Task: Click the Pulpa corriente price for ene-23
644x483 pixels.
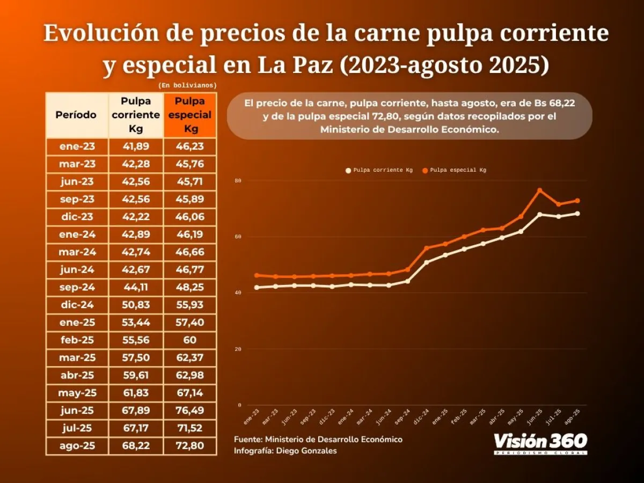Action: (x=135, y=146)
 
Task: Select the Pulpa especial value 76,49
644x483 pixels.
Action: (x=189, y=411)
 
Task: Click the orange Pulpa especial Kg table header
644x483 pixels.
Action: (x=189, y=115)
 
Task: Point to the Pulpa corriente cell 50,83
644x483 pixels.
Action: (x=135, y=305)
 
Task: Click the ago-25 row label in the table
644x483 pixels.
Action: (x=77, y=446)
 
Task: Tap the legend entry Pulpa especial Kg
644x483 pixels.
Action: (x=458, y=170)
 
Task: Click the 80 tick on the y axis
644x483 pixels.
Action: (x=238, y=181)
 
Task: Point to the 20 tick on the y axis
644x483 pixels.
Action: (x=238, y=349)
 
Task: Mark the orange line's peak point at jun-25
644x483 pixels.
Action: (x=540, y=191)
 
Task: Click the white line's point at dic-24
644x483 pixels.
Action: (x=426, y=262)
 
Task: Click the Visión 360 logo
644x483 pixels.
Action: (x=540, y=443)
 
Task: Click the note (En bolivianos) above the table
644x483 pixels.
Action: (x=187, y=85)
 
